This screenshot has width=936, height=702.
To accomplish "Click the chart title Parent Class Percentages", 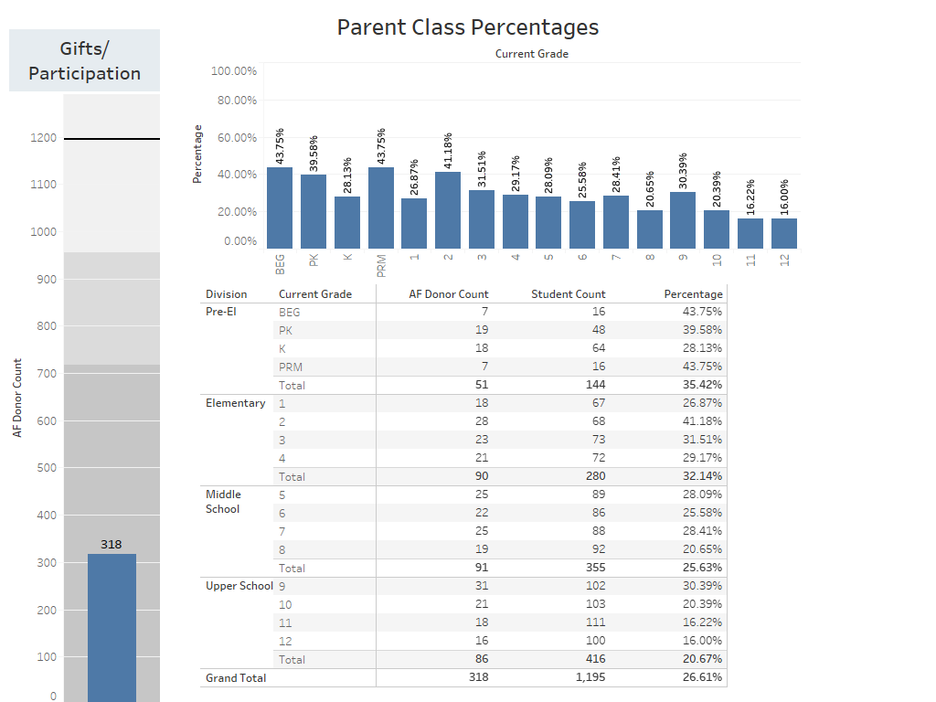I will click(x=467, y=27).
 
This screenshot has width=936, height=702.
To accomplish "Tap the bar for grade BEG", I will click(x=280, y=207).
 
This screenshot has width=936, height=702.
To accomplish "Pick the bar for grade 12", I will click(x=784, y=233).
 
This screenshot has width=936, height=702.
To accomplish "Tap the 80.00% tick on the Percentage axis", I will click(x=234, y=101).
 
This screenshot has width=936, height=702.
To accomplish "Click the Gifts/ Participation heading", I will click(x=84, y=61).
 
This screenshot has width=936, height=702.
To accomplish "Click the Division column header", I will click(x=227, y=294).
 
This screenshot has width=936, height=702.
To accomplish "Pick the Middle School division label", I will click(x=223, y=502).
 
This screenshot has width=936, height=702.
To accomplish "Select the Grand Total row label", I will click(x=236, y=677).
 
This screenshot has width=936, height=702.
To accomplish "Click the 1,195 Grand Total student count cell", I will click(x=590, y=677).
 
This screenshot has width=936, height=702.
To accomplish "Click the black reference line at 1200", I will click(x=112, y=139).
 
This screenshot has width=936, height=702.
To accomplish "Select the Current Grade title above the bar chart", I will click(x=532, y=54).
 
